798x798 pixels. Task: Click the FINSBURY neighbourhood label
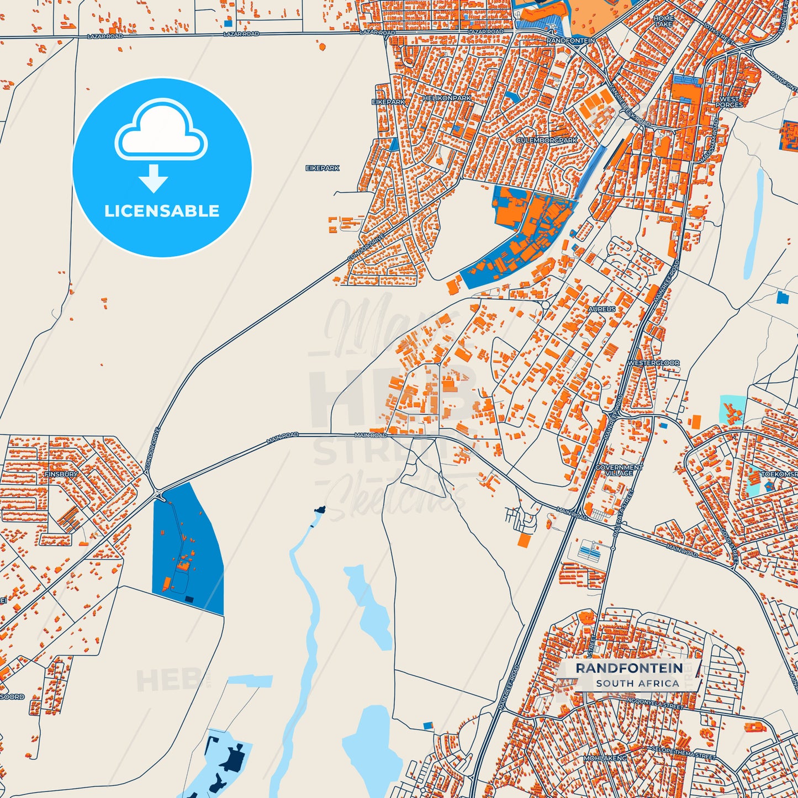[x=61, y=474]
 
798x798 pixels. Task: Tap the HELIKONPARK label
[x=447, y=98]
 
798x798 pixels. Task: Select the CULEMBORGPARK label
[x=547, y=140]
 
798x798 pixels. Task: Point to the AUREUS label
[x=602, y=309]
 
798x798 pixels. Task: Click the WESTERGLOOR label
[x=654, y=363]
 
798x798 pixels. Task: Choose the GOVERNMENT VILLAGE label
[x=619, y=470]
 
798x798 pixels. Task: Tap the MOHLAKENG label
[x=605, y=758]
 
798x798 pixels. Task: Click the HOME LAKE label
[x=664, y=21]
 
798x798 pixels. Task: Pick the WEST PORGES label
[x=730, y=102]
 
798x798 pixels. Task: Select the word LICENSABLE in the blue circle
[x=162, y=211]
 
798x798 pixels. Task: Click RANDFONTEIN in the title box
[x=629, y=668]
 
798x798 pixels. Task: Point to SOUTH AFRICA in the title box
[x=637, y=683]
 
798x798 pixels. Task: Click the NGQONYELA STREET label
[x=655, y=703]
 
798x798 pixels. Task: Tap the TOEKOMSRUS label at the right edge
[x=779, y=474]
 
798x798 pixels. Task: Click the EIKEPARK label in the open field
[x=323, y=168]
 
